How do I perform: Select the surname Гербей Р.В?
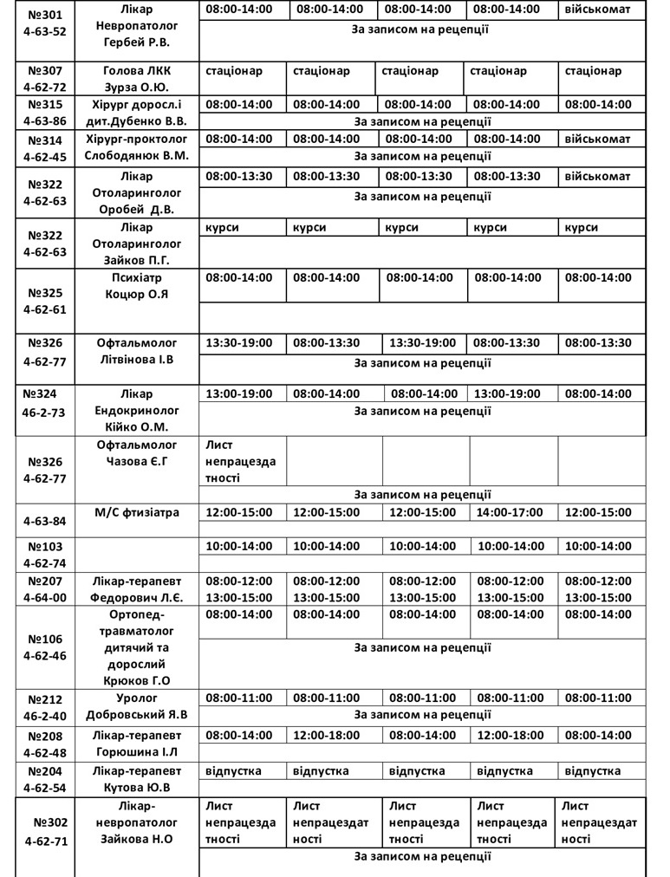(136, 42)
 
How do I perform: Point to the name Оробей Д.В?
(136, 209)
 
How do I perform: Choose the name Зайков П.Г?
(136, 259)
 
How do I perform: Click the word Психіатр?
(136, 277)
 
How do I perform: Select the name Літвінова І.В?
(136, 359)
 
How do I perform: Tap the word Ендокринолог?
(136, 409)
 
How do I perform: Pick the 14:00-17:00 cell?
(510, 512)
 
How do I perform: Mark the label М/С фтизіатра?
(136, 512)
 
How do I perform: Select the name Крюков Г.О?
(136, 680)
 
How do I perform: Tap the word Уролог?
(136, 698)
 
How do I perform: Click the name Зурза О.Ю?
(136, 87)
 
